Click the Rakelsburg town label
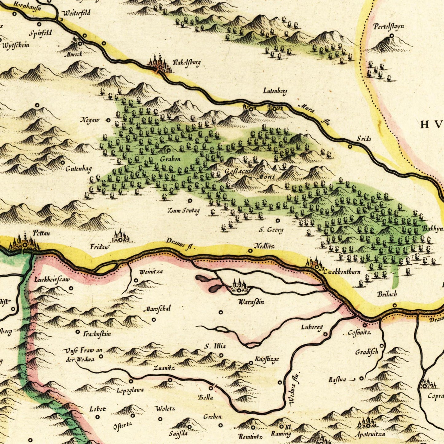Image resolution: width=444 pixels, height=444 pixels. [187, 63]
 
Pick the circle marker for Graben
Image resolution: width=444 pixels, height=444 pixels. [168, 150]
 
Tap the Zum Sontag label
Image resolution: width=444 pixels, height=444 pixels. [183, 210]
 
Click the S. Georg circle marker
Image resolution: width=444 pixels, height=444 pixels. [278, 220]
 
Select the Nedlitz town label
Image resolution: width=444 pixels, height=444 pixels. [264, 246]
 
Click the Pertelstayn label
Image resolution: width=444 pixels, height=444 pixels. [389, 27]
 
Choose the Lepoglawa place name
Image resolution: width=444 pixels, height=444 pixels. [130, 390]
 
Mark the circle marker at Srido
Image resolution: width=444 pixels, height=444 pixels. [350, 146]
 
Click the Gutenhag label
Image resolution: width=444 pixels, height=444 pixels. [78, 169]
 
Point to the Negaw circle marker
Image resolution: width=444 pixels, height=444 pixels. [108, 120]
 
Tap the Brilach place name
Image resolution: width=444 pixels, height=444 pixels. [387, 294]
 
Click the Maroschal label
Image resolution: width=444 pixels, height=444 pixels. [157, 308]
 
